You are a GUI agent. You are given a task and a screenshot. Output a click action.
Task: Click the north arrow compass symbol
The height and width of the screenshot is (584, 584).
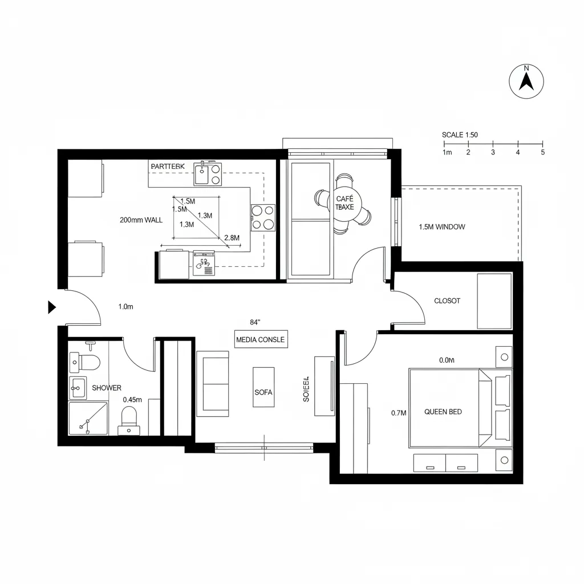[x=526, y=81]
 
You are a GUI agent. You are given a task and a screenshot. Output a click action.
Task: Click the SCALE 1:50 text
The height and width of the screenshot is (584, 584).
[x=460, y=135]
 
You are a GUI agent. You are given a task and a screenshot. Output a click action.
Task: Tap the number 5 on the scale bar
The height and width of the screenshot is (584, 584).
[x=542, y=152]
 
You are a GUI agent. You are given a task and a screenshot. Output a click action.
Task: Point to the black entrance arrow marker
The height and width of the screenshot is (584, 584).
[x=51, y=308]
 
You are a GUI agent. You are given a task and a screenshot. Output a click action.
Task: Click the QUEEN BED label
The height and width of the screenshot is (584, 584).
[x=443, y=412]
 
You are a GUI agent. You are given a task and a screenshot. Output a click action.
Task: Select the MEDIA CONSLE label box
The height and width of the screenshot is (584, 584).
[x=261, y=339]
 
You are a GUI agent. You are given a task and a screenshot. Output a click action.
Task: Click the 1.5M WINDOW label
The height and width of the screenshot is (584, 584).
[x=442, y=227]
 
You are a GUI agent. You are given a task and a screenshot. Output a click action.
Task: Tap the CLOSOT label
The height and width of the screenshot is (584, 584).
[x=447, y=301]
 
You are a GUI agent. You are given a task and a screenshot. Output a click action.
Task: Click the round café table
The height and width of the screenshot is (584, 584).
[x=344, y=202]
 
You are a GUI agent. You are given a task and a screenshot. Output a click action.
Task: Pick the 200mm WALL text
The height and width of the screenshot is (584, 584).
[x=141, y=220]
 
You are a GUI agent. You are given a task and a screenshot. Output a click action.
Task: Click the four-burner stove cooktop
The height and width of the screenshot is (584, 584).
[x=263, y=217]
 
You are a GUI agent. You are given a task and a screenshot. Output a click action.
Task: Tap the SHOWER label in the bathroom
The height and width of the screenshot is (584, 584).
[x=107, y=388]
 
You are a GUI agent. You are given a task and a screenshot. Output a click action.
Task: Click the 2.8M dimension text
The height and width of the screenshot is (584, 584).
[x=232, y=237]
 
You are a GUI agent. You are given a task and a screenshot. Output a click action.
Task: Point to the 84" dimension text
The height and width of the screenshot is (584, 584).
[x=255, y=322]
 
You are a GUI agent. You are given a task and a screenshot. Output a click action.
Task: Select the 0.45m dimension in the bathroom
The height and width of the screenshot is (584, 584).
[x=132, y=400]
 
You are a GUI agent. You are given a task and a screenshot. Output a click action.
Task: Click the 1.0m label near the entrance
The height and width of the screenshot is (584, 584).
[x=125, y=307]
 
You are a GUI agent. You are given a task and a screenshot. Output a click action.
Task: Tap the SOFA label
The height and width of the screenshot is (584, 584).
[x=263, y=392]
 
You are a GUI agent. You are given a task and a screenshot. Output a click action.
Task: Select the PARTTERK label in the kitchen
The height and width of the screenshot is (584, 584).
[x=168, y=166]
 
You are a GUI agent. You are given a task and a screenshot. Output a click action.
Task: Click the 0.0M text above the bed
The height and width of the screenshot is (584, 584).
[x=447, y=360]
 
